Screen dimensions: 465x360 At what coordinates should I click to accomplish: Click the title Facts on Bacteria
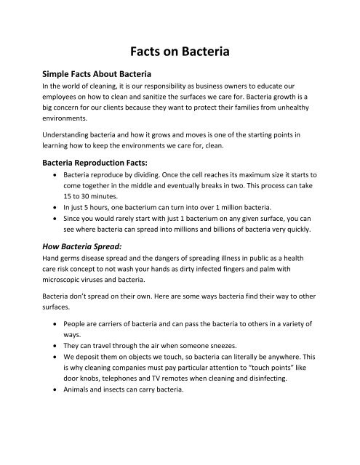pos(180,52)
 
